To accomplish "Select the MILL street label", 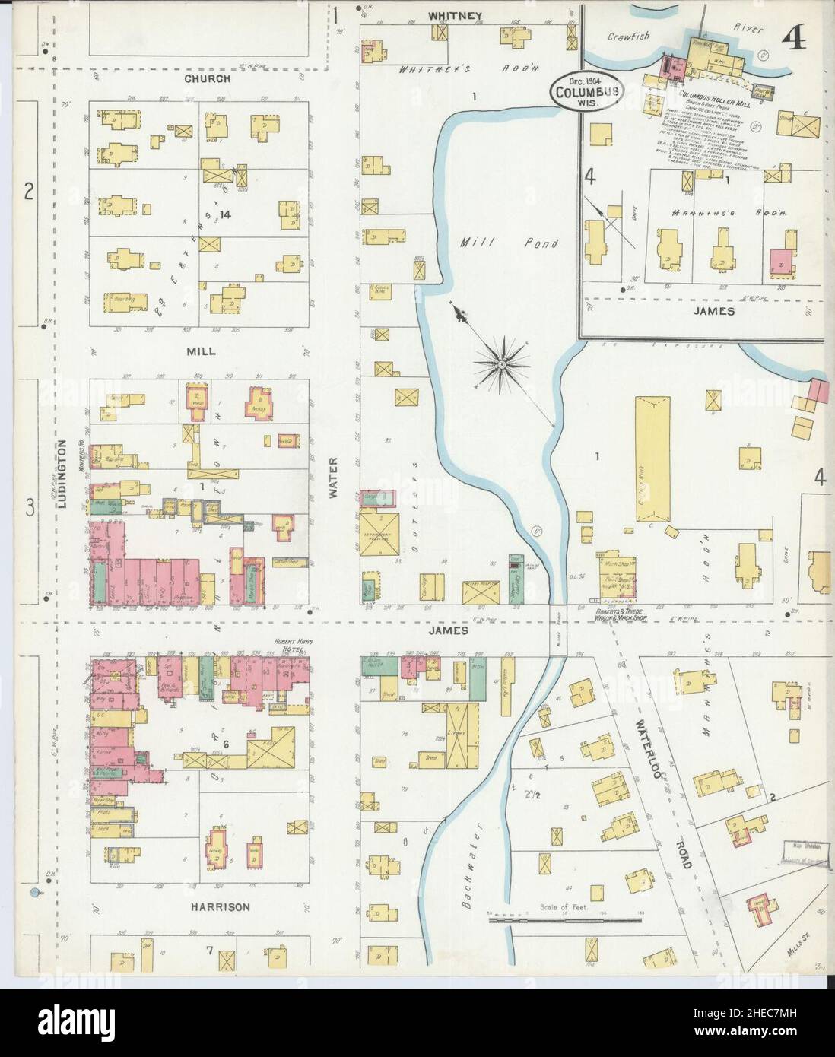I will pyautogui.click(x=199, y=351).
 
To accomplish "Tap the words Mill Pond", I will pyautogui.click(x=509, y=243).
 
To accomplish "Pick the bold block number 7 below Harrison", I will pyautogui.click(x=208, y=950).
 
